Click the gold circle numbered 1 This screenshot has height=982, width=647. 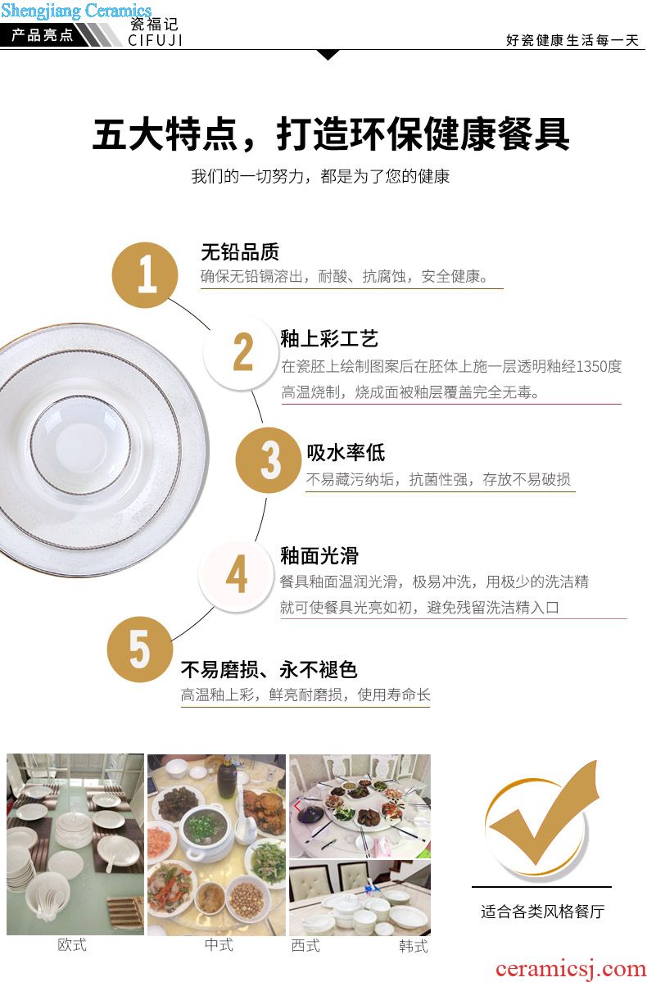tap(145, 275)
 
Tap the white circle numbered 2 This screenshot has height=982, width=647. tap(242, 353)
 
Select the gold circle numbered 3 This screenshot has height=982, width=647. tap(269, 460)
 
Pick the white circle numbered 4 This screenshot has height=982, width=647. tap(236, 575)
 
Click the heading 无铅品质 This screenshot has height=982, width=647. tap(240, 252)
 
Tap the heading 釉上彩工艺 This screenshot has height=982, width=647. tap(329, 339)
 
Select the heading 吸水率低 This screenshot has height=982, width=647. tap(346, 453)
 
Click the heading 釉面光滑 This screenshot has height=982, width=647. tap(319, 555)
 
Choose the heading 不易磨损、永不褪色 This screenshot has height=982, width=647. tap(269, 669)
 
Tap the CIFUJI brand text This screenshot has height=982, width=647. tap(156, 41)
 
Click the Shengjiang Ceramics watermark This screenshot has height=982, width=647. tap(76, 11)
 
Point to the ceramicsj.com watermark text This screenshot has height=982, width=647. tap(570, 969)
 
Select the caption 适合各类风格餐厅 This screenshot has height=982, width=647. tap(542, 912)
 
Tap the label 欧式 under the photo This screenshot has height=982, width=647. tap(72, 944)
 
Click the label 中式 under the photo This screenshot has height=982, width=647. tap(219, 944)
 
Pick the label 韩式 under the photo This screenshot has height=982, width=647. tap(414, 946)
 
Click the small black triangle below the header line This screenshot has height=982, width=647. tap(328, 55)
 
